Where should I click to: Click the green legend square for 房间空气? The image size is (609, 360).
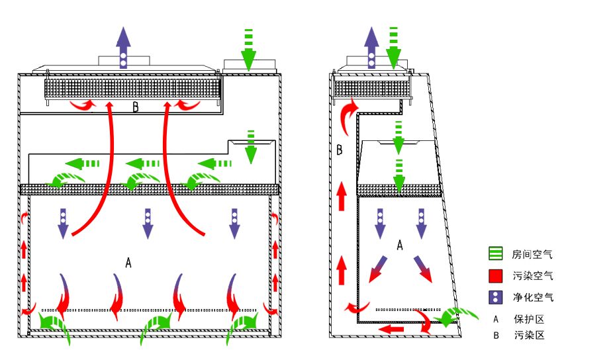pyautogui.click(x=496, y=253)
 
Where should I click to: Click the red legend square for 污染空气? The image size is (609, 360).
pyautogui.click(x=496, y=275)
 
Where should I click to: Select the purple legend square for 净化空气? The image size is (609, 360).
pyautogui.click(x=496, y=297)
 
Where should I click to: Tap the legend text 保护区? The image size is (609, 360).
pyautogui.click(x=529, y=319)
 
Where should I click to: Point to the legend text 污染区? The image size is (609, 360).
pyautogui.click(x=529, y=336)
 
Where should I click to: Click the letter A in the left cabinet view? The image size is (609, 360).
pyautogui.click(x=128, y=263)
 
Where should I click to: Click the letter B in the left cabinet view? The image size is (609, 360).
pyautogui.click(x=136, y=107)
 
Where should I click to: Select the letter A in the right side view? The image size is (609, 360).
pyautogui.click(x=400, y=246)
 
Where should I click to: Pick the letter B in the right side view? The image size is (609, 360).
pyautogui.click(x=339, y=150)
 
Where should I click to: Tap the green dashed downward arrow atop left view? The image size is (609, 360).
pyautogui.click(x=248, y=49)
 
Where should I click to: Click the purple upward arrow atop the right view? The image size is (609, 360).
pyautogui.click(x=371, y=46)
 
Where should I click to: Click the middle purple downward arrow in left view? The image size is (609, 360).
pyautogui.click(x=148, y=223)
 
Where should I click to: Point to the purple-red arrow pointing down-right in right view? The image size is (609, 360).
pyautogui.click(x=424, y=268)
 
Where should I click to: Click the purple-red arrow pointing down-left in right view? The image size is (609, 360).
pyautogui.click(x=377, y=268)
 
